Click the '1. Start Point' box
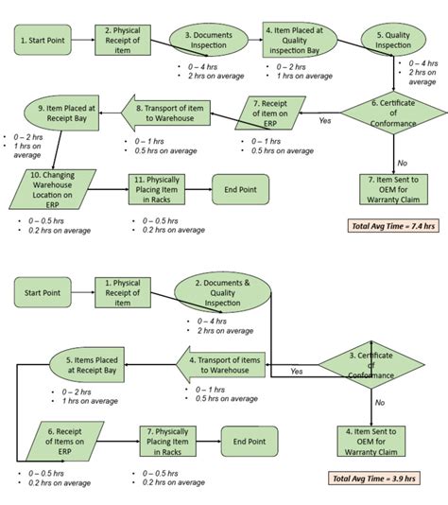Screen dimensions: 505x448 click(x=42, y=41)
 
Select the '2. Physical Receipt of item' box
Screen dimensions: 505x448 click(x=122, y=41)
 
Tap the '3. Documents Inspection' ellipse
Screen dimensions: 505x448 click(x=209, y=41)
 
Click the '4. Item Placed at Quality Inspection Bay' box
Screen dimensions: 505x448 click(x=293, y=41)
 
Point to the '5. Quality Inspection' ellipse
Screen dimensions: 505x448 click(x=392, y=41)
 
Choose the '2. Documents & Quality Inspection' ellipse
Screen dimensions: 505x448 click(x=224, y=293)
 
